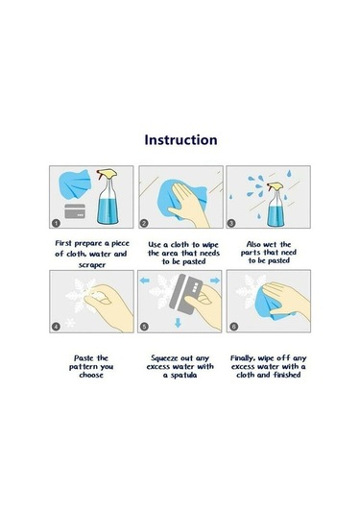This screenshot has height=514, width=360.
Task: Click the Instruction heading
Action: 180,140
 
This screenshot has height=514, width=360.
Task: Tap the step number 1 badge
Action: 56,223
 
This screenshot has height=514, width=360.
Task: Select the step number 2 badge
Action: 144,223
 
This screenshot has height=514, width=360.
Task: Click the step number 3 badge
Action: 231,223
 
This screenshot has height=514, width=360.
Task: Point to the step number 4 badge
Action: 56,327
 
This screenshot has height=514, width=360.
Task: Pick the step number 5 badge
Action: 144,327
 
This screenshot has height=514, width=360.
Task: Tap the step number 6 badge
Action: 233,327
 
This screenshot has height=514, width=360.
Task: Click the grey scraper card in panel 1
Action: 75,211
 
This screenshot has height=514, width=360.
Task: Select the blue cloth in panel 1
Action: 74,184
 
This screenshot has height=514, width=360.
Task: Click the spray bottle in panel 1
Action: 108,197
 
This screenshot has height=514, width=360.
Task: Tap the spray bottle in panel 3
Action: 276,204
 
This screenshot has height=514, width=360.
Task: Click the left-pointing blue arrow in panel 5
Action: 144,281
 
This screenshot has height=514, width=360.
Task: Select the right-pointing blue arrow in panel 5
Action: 215,281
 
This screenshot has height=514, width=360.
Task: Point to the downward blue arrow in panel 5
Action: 178,323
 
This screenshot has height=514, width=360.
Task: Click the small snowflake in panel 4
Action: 70,323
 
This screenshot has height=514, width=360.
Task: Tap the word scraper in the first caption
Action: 92,265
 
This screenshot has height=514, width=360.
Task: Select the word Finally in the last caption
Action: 243,358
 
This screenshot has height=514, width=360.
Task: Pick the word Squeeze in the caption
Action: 164,358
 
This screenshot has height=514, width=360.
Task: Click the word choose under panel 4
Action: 91,375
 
